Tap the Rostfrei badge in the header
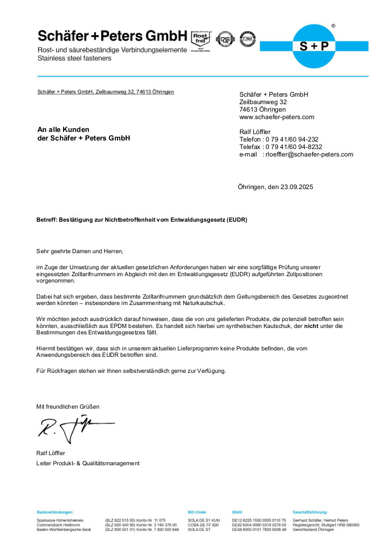tap(201, 38)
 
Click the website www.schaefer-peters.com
tap(276, 117)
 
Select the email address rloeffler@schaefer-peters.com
tap(309, 154)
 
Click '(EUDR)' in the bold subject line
tap(236, 220)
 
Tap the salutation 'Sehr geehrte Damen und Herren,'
tap(80, 251)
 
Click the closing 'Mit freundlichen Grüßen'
tap(68, 407)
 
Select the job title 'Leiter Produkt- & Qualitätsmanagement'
tap(88, 463)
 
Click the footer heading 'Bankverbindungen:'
tap(55, 512)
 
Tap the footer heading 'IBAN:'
tap(238, 512)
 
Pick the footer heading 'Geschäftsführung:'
tap(310, 512)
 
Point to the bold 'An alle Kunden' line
tap(63, 130)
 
